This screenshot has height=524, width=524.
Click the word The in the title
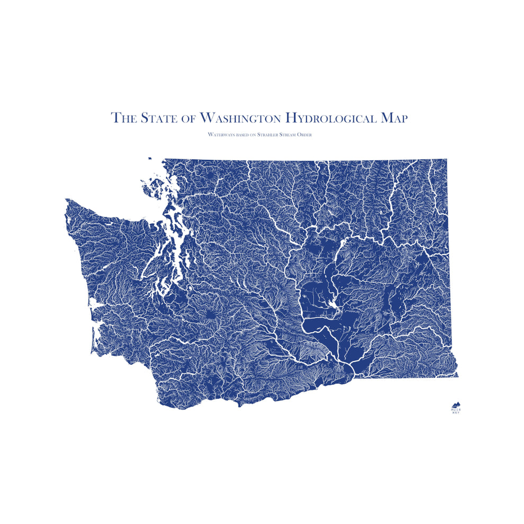click(x=124, y=118)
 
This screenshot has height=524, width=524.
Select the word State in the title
click(x=158, y=118)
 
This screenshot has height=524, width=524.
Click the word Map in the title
click(x=394, y=118)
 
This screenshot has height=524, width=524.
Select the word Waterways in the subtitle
click(x=223, y=135)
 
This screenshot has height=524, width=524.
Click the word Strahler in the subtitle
click(x=269, y=135)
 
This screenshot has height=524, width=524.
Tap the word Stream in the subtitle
click(x=292, y=135)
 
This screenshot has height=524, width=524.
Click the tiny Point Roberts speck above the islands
click(x=150, y=158)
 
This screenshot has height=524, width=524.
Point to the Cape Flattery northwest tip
click(x=66, y=200)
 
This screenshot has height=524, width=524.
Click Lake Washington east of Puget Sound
click(x=185, y=258)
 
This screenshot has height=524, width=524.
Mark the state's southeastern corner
click(x=457, y=376)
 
